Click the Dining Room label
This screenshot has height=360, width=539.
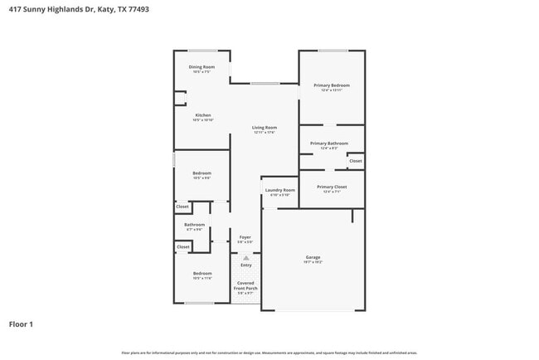202,66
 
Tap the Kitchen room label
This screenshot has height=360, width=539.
203,115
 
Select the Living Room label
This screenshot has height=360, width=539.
264,127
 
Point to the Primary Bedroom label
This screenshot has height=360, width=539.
331,85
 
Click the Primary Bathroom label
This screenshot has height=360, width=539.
329,144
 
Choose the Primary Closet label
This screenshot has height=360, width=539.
332,187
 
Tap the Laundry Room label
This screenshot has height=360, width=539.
279,190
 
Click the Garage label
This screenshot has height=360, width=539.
313,257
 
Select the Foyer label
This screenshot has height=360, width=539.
245,237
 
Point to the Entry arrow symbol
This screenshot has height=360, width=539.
246,258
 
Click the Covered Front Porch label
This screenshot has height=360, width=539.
247,285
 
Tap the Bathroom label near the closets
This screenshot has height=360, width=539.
195,224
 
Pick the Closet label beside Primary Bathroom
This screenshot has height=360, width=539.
355,160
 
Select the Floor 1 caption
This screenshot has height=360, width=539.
22,324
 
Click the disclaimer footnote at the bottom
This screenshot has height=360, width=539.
269,353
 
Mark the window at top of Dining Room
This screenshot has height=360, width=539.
202,51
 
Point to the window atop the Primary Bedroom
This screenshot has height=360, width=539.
333,51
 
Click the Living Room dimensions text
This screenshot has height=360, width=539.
264,133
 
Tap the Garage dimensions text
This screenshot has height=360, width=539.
313,262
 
